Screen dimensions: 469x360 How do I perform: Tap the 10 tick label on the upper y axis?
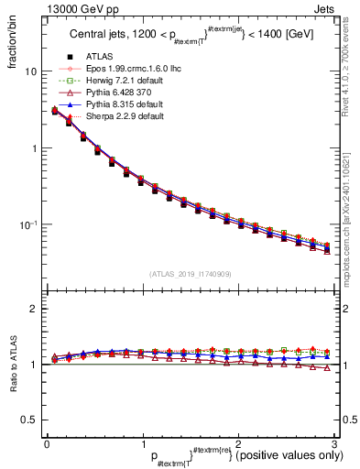[x=30, y=71]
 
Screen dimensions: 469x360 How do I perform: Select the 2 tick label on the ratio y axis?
[x=34, y=309]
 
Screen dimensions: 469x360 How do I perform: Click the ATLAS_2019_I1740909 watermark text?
[x=189, y=273]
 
